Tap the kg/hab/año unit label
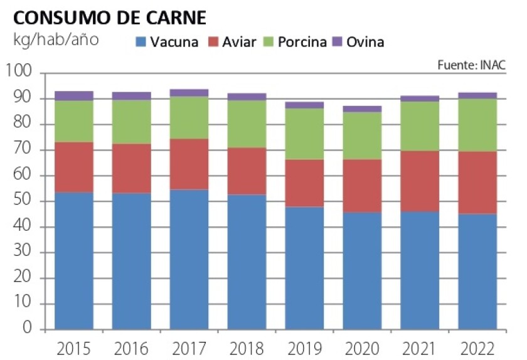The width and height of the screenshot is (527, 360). [56, 38]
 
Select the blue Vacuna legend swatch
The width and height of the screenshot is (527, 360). [141, 43]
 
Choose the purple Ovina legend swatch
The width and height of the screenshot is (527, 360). [336, 43]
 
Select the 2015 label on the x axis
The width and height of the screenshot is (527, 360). [73, 347]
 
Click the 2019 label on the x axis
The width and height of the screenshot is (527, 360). [304, 347]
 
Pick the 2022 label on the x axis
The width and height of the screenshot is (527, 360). [477, 347]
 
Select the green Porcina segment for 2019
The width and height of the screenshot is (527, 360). [304, 134]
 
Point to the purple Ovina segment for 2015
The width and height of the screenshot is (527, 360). [73, 96]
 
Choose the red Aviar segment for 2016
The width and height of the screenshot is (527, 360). [132, 168]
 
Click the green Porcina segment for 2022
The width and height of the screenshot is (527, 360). [477, 125]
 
